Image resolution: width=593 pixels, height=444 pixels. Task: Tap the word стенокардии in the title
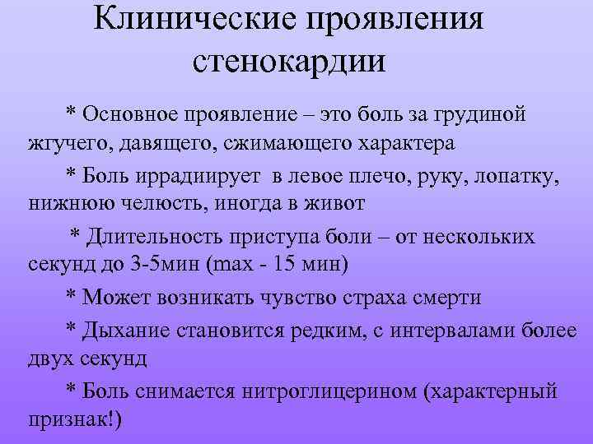(290, 60)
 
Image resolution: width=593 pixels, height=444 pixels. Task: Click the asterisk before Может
(71, 296)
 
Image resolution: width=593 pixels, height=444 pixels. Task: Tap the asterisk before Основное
(71, 110)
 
